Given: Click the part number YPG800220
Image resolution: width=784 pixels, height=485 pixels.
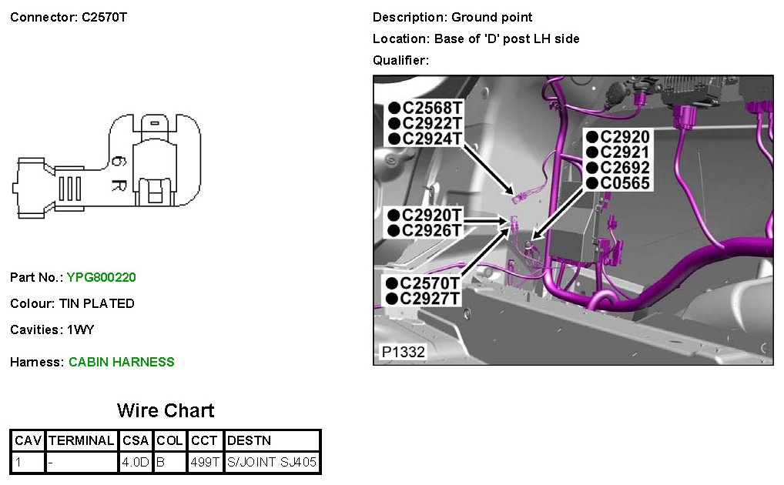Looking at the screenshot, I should click(x=102, y=277).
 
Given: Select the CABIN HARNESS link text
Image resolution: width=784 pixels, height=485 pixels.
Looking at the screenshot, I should click(x=122, y=362).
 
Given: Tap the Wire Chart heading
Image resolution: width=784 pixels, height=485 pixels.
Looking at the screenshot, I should click(x=166, y=410).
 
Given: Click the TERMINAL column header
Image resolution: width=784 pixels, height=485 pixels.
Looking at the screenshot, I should click(x=82, y=441).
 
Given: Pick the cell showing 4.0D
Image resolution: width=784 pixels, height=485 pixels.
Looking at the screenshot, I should click(x=136, y=463).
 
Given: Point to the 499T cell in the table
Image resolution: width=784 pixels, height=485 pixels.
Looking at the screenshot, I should click(x=205, y=463).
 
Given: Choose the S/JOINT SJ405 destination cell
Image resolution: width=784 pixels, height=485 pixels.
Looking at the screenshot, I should click(x=272, y=463).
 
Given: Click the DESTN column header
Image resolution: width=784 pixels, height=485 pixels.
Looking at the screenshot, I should click(x=250, y=441).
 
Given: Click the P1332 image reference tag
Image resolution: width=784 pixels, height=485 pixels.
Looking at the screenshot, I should click(x=403, y=352).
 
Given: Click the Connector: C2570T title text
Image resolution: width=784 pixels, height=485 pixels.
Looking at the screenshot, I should click(x=69, y=17).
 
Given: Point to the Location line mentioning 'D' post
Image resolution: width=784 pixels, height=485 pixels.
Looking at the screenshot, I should click(x=476, y=38).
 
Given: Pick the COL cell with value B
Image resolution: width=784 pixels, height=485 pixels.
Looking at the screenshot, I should click(x=161, y=463).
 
